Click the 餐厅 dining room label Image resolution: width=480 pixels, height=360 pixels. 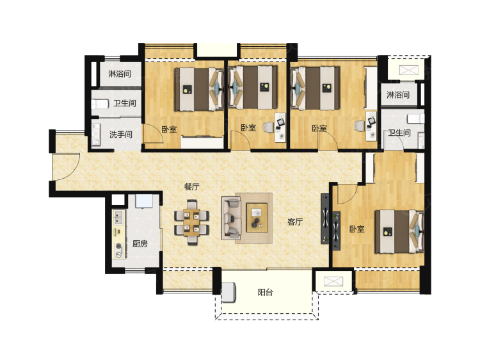click(191, 187)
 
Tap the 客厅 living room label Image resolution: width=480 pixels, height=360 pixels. click(295, 222)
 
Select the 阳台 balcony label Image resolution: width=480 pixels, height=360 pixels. click(265, 292)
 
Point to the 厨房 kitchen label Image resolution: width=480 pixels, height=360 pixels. click(140, 243)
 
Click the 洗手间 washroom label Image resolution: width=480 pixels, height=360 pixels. click(121, 134)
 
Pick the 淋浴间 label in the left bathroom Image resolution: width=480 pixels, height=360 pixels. click(120, 74)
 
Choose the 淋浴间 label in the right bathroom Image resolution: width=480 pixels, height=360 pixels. click(398, 95)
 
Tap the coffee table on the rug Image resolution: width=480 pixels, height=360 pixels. click(257, 218)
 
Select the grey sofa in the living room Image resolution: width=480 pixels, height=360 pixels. click(231, 218)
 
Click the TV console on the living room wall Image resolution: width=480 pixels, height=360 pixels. click(325, 218)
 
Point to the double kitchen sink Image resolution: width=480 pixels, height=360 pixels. click(118, 217)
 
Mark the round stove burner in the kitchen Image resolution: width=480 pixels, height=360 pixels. click(118, 246)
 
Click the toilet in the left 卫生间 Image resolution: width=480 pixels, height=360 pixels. click(100, 104)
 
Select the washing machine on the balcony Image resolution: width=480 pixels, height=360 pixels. click(228, 292)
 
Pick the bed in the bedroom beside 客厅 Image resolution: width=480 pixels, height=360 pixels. click(399, 232)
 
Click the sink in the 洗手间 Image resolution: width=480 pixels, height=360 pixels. click(96, 134)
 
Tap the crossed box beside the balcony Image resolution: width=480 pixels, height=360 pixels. click(333, 281)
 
